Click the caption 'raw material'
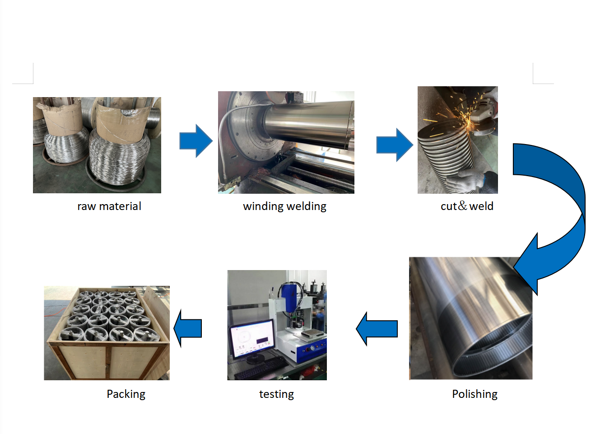tap(109, 206)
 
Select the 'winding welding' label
tap(285, 207)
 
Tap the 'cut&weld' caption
tap(467, 206)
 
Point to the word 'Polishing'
tap(475, 394)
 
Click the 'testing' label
tap(276, 394)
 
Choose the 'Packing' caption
tap(126, 394)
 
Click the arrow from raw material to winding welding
tap(196, 141)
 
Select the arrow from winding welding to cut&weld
tap(395, 145)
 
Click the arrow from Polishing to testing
tap(377, 329)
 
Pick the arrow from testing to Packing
tap(187, 328)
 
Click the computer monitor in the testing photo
tap(251, 339)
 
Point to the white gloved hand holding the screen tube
tap(465, 180)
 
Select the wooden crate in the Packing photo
tap(107, 334)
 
